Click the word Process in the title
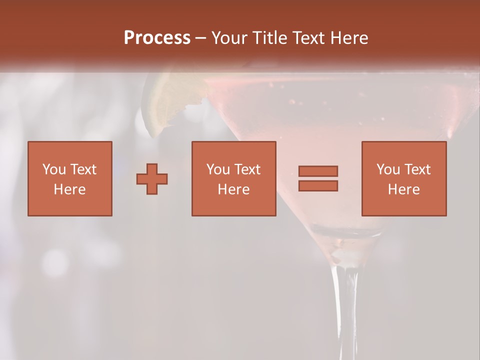[157, 38]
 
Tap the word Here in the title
[350, 38]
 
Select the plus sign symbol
[152, 179]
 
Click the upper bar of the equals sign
[318, 171]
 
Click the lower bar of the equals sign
[318, 186]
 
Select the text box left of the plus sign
[70, 178]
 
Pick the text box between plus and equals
[233, 178]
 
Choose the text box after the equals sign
[403, 178]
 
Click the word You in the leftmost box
[54, 169]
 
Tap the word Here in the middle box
[233, 189]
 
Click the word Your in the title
[229, 38]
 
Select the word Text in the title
[309, 38]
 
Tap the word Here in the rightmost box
[403, 189]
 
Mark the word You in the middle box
[218, 169]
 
